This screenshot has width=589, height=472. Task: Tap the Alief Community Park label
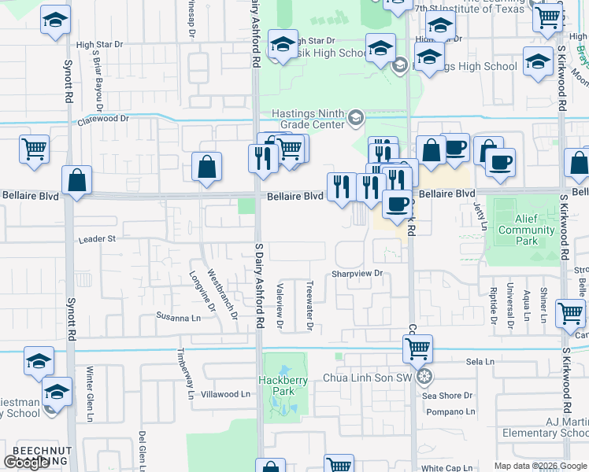526,235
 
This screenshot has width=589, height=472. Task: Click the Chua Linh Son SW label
368,378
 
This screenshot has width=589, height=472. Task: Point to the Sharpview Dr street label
357,274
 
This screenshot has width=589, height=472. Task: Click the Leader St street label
96,238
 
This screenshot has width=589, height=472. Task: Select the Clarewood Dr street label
102,119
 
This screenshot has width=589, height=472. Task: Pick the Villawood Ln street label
225,394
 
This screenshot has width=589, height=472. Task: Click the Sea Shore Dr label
447,396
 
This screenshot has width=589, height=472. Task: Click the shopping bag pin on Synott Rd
77,180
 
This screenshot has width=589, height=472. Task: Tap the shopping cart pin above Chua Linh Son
417,347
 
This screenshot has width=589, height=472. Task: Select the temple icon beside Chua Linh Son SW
424,377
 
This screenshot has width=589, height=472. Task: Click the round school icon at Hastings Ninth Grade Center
355,119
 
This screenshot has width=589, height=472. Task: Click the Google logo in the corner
26,462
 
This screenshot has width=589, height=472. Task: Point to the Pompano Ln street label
449,411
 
